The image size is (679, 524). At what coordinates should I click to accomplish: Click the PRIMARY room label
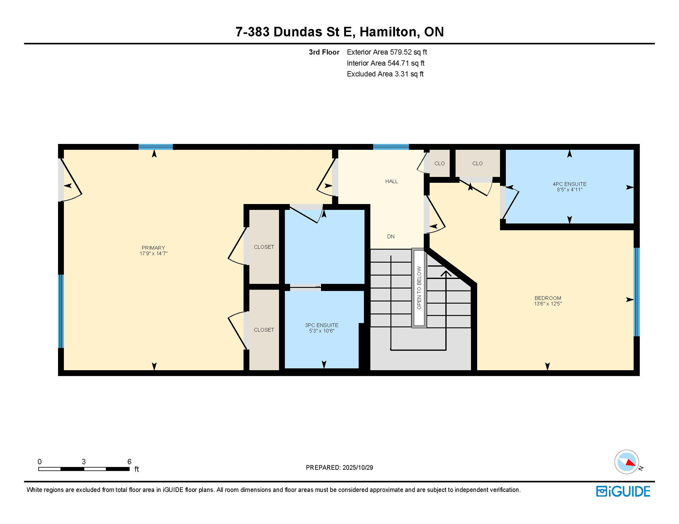(x=153, y=248)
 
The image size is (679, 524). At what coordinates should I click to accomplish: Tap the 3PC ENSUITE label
(x=321, y=325)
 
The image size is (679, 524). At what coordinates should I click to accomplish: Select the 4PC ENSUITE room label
(x=569, y=184)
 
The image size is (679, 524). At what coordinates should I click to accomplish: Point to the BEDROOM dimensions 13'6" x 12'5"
(x=548, y=304)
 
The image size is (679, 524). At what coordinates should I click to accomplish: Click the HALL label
(x=391, y=181)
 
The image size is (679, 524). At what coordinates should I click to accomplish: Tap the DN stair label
(x=391, y=236)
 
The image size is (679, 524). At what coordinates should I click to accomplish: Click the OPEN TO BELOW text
(x=419, y=288)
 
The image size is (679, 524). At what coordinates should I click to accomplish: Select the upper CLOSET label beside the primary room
(x=264, y=247)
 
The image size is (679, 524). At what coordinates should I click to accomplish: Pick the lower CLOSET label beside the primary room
(x=264, y=330)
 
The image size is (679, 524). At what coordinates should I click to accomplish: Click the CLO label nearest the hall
(x=439, y=163)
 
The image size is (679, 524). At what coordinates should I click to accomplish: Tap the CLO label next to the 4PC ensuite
(x=477, y=163)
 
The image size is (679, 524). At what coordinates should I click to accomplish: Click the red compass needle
(x=630, y=463)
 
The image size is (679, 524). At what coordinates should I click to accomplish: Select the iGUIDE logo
(x=623, y=491)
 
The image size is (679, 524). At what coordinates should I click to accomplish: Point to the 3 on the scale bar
(x=84, y=462)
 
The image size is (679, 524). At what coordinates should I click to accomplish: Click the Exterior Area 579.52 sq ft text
(x=387, y=52)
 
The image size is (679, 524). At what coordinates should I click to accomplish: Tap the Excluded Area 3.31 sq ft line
(x=385, y=74)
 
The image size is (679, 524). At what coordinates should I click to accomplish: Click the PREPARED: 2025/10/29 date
(x=339, y=467)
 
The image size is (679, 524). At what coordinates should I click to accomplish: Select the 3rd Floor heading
(x=324, y=52)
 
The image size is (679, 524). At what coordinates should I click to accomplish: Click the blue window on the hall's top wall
(x=391, y=147)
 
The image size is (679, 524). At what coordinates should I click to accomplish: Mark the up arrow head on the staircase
(x=446, y=273)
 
